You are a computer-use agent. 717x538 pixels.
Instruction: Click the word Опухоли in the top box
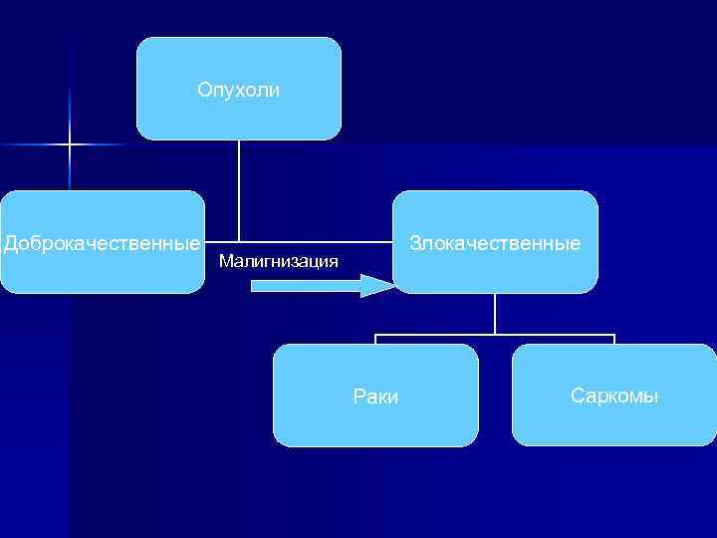pos(238,91)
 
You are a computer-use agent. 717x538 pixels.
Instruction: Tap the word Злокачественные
pos(495,242)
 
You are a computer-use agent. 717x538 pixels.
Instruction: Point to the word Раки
pos(375,397)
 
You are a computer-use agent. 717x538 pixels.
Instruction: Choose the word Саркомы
pos(614,396)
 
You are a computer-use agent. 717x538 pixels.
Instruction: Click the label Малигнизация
pos(278,262)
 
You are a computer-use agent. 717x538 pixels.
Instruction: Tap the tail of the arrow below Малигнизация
pos(255,287)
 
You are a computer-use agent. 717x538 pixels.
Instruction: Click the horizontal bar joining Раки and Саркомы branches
pos(495,334)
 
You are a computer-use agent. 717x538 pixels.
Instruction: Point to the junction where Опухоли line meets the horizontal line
pos(239,242)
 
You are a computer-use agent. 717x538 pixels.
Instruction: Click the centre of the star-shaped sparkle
pos(70,145)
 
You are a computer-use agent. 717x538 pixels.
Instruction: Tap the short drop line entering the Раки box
pos(375,339)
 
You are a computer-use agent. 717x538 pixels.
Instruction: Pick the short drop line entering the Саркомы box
pos(614,339)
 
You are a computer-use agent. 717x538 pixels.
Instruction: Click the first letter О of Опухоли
pos(203,91)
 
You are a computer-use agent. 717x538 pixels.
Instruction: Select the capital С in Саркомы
pos(577,396)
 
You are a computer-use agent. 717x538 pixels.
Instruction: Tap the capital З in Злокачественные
pos(414,242)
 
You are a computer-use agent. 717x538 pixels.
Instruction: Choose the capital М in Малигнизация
pos(223,262)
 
